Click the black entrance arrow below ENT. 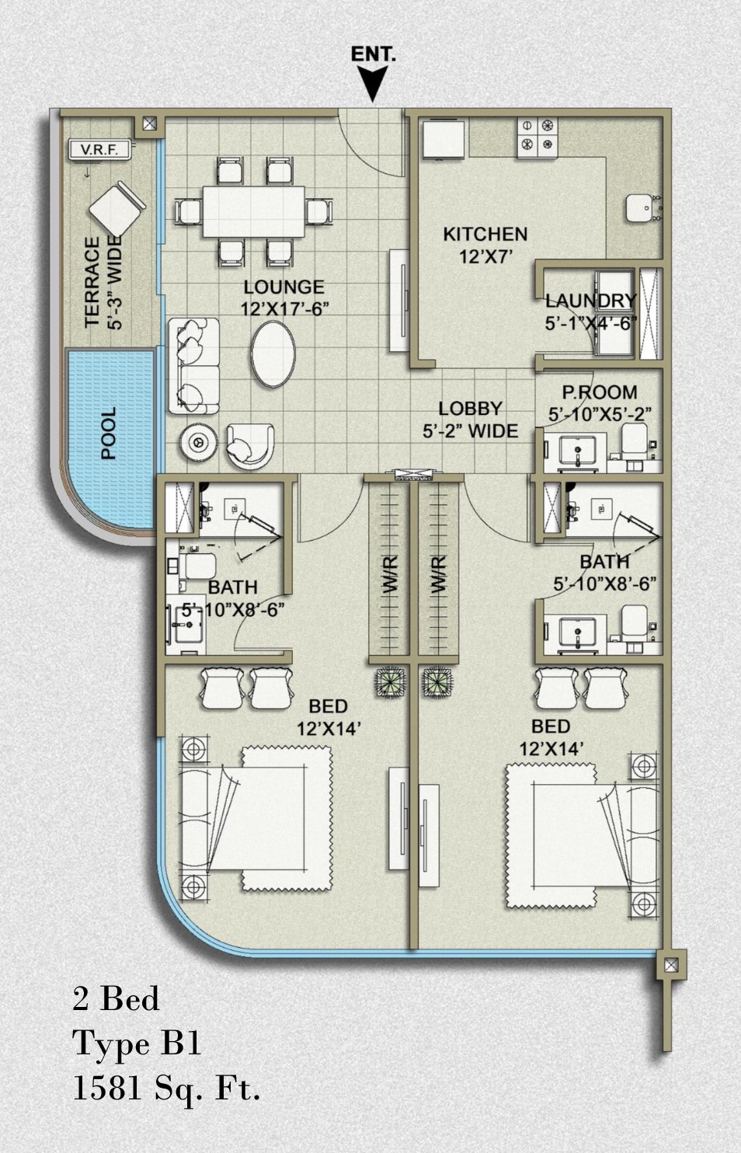[x=372, y=84]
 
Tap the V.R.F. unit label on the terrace [x=99, y=150]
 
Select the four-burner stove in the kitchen [x=538, y=138]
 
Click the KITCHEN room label [x=485, y=235]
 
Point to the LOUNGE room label [x=284, y=287]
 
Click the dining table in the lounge [x=254, y=211]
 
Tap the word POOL [x=109, y=433]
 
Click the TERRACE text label [x=92, y=281]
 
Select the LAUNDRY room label [x=591, y=301]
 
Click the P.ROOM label [x=600, y=392]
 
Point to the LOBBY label [x=471, y=409]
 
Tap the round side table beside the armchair [x=198, y=441]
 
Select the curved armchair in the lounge [x=250, y=446]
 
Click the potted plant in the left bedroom [x=391, y=682]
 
